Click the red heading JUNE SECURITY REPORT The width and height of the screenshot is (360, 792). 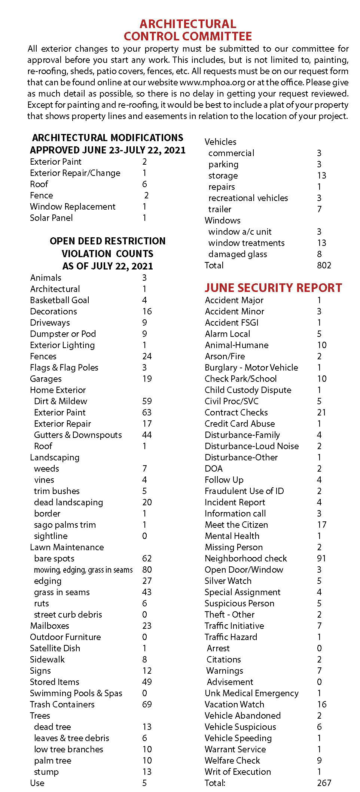point(273,287)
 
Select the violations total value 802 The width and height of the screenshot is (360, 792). point(324,265)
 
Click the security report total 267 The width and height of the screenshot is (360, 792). point(324,783)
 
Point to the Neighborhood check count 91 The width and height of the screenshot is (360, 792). point(321,558)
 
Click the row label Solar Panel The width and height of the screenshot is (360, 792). point(51,218)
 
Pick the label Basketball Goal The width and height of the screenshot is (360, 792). point(60,300)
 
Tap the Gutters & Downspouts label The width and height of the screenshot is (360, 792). point(78,435)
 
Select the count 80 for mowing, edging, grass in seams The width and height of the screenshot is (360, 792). point(147,570)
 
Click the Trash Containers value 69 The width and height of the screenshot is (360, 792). point(147,704)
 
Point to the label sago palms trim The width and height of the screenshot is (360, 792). point(65,525)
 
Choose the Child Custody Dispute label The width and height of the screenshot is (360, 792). point(248,390)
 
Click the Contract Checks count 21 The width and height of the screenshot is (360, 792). point(321,412)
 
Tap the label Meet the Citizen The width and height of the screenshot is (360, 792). point(236,525)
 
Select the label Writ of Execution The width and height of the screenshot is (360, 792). point(238,772)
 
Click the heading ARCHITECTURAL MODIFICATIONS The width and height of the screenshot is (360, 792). point(108,138)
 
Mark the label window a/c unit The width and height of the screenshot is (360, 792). point(240,232)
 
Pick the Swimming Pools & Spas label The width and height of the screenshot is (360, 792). point(76,693)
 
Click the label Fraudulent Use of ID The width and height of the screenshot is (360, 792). point(244,491)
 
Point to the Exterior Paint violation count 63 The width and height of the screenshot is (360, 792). point(147,412)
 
